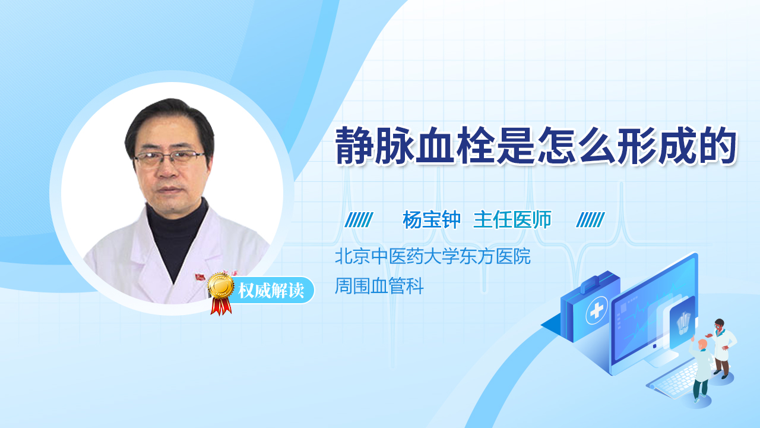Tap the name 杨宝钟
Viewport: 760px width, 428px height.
[432, 220]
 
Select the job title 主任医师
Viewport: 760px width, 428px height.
[512, 220]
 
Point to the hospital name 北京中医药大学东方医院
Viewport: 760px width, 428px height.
[432, 257]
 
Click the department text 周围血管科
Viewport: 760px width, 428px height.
[379, 287]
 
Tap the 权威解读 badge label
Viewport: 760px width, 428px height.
[271, 291]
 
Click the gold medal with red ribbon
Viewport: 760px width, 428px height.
[220, 291]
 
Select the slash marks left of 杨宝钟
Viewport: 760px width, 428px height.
[359, 220]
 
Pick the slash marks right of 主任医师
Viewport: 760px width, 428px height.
[591, 220]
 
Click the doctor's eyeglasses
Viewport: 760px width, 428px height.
[169, 158]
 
